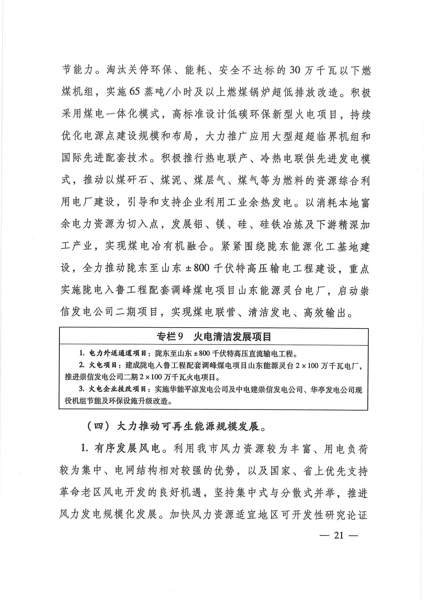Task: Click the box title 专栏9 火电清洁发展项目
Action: click(214, 337)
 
